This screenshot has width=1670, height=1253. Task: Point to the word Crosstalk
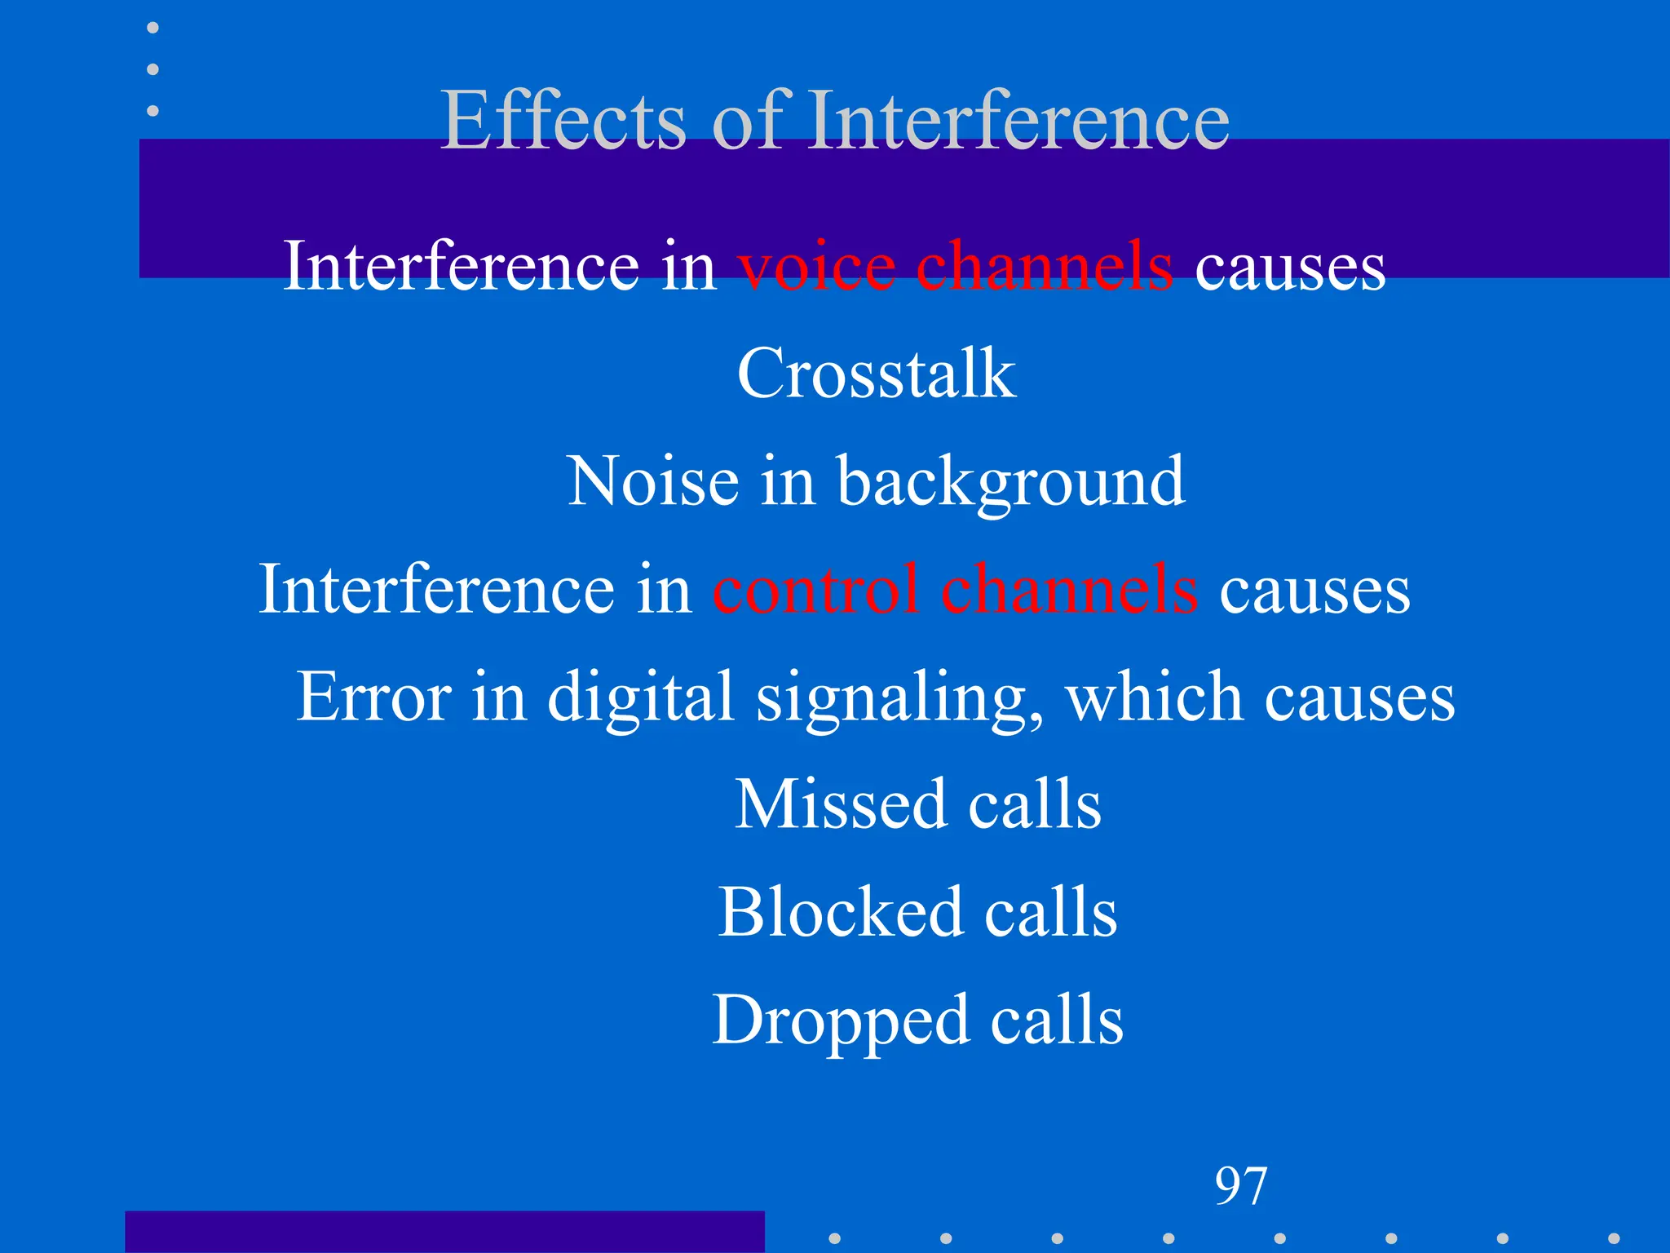coord(877,374)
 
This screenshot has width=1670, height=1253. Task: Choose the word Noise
coord(653,481)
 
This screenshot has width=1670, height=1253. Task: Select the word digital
coord(641,697)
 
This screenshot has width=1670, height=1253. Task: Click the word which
coord(1154,697)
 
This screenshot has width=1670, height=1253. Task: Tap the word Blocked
coord(841,912)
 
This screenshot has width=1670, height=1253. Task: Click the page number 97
coord(1240,1186)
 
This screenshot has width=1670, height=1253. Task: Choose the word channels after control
coord(1069,590)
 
